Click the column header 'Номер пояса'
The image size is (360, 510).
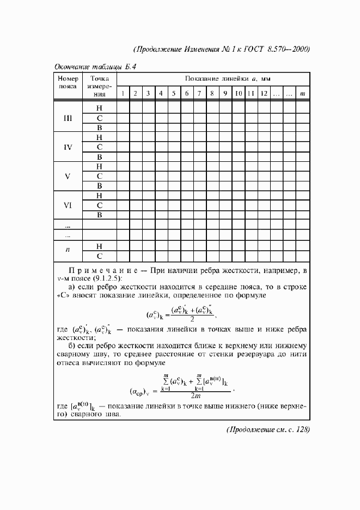(x=68, y=83)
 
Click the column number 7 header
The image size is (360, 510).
(x=199, y=94)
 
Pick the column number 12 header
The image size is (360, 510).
(x=264, y=94)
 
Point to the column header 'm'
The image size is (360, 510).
(x=303, y=94)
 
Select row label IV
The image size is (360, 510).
(x=68, y=147)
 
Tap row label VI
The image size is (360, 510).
(x=68, y=205)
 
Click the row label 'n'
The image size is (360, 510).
(x=68, y=250)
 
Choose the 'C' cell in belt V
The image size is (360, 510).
(x=100, y=177)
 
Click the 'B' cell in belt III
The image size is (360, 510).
(x=100, y=128)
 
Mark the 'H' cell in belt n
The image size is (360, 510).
(x=100, y=246)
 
